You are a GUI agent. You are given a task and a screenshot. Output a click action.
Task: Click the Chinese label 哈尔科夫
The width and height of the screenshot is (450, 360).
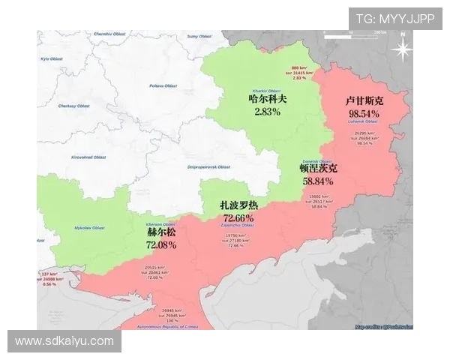pyautogui.click(x=267, y=98)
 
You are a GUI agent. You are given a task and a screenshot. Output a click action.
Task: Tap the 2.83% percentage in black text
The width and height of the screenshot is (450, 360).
pyautogui.click(x=267, y=112)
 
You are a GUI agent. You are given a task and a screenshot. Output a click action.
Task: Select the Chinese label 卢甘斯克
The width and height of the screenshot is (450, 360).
pyautogui.click(x=364, y=100)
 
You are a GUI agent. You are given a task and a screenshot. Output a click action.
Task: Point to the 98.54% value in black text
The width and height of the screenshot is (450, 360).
pyautogui.click(x=364, y=113)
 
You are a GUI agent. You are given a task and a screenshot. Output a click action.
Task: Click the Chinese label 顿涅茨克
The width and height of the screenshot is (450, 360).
pyautogui.click(x=318, y=168)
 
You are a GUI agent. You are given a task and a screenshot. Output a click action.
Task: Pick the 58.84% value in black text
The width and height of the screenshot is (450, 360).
pyautogui.click(x=318, y=181)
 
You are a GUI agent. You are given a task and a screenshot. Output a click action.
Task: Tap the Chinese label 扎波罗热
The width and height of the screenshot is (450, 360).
pyautogui.click(x=238, y=205)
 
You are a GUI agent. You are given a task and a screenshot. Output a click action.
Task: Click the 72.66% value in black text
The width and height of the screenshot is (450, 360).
pyautogui.click(x=238, y=217)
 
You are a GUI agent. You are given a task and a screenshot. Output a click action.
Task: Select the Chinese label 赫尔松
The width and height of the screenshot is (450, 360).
pyautogui.click(x=162, y=232)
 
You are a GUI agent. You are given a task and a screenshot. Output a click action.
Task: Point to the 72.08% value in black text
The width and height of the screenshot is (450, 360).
pyautogui.click(x=162, y=244)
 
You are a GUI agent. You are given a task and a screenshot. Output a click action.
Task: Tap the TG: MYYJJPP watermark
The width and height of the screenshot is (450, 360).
pyautogui.click(x=394, y=19)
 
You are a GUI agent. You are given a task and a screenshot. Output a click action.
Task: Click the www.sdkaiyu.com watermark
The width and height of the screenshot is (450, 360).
pyautogui.click(x=64, y=341)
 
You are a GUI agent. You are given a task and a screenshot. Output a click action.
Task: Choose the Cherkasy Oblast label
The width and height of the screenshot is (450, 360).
pyautogui.click(x=73, y=106)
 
